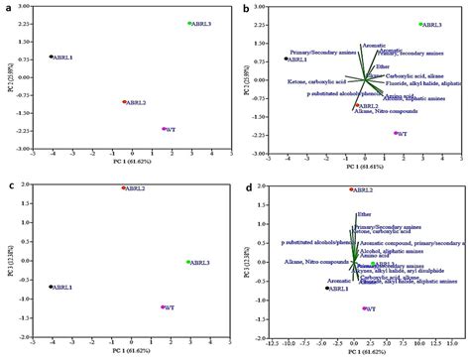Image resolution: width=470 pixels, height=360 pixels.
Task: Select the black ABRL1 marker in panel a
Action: click(x=52, y=57)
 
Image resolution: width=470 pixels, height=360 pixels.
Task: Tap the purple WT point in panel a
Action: click(x=164, y=129)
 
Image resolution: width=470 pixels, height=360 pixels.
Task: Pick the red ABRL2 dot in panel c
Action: click(x=124, y=188)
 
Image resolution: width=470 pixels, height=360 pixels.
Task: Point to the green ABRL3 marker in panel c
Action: click(x=188, y=262)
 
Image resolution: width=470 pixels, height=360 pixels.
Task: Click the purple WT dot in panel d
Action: click(x=364, y=308)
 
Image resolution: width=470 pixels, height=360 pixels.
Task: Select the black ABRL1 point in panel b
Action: click(x=286, y=59)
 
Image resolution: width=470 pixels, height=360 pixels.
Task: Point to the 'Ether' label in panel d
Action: click(x=364, y=213)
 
